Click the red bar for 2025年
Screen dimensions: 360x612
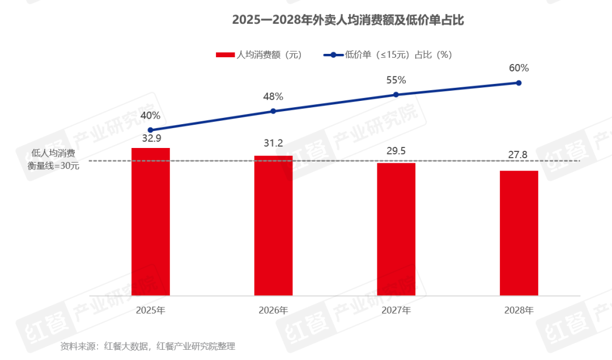pos(150,222)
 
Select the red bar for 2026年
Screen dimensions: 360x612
pos(273,226)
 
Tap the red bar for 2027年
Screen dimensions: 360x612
pos(396,229)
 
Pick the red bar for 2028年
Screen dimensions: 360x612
pos(518,233)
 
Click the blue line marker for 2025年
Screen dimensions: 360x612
pos(150,130)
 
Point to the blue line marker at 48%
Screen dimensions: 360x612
pos(273,111)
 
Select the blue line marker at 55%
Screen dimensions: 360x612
pos(396,95)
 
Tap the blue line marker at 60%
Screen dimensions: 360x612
pos(518,83)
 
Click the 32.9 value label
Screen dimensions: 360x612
pos(150,137)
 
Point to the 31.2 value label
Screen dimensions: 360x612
pos(273,143)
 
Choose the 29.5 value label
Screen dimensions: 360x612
pos(396,151)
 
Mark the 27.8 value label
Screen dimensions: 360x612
pos(518,155)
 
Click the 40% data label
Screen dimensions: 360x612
pos(150,116)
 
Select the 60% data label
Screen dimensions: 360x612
pos(518,68)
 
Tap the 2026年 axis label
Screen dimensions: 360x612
pos(273,311)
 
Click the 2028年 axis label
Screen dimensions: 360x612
pos(518,311)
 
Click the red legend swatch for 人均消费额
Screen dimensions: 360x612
pos(225,55)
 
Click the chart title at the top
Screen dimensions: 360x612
pos(348,20)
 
